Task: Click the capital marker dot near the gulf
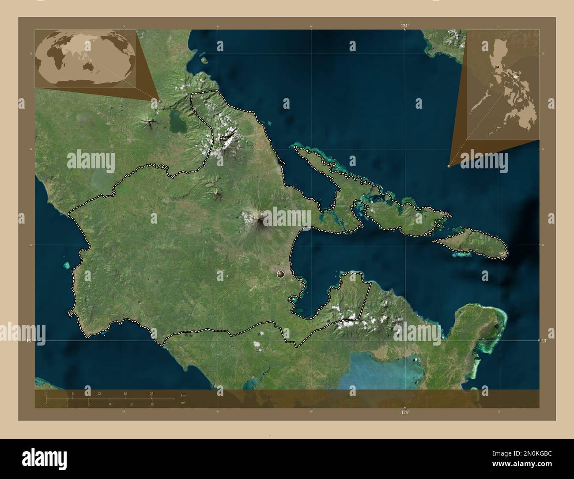(280, 274)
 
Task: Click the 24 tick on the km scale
(151, 397)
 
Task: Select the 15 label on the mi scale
(152, 404)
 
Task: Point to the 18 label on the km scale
(125, 393)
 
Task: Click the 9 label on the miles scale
(110, 404)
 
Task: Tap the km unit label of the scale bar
(183, 395)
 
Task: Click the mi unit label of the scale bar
(183, 403)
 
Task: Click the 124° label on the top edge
(404, 26)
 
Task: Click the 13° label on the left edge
(29, 341)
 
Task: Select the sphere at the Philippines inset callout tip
(449, 166)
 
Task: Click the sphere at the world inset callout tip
(159, 101)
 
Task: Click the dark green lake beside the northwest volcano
(177, 120)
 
